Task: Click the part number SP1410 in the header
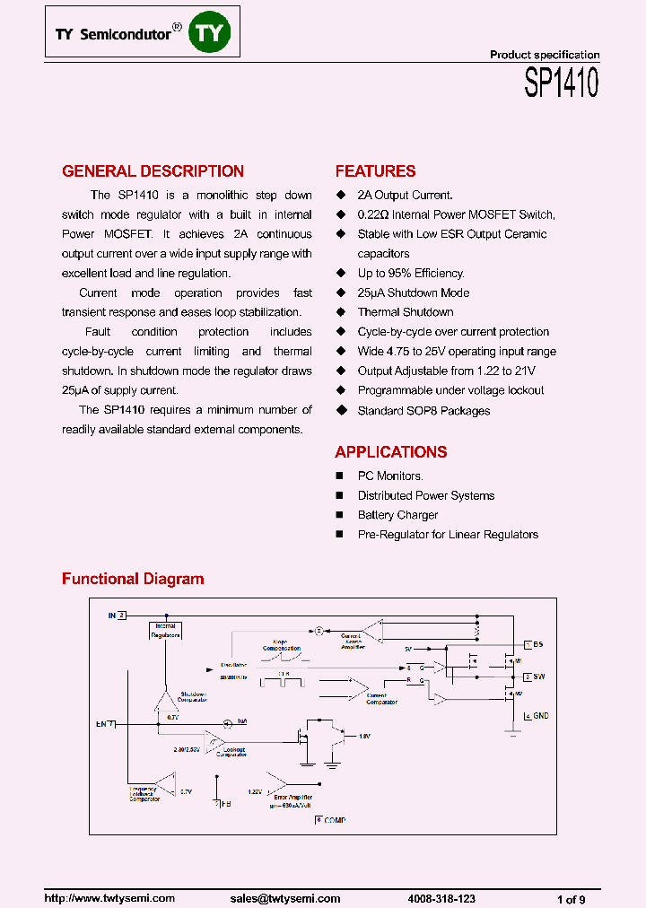point(561,84)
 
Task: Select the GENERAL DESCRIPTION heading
point(153,171)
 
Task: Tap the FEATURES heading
point(375,171)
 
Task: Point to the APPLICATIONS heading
point(391,452)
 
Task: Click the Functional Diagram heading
point(133,579)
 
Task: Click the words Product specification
point(544,55)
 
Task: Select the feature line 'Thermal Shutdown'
point(406,312)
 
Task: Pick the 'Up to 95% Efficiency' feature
point(411,273)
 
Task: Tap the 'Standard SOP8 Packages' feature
point(423,411)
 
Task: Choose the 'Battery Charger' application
point(397,515)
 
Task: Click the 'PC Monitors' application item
point(390,476)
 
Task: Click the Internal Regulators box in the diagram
point(165,631)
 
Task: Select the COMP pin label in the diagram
point(334,820)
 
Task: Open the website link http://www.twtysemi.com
point(109,898)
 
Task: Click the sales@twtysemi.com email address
point(284,898)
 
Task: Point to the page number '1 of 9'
point(572,899)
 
